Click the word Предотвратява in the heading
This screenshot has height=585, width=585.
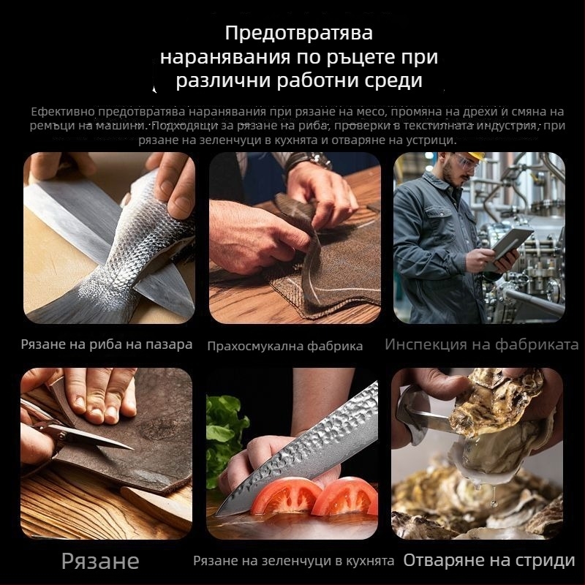point(299,34)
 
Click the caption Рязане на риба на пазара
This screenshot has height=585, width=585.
point(107,344)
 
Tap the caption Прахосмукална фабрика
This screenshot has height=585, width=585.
point(285,346)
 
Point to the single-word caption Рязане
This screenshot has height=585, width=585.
point(100,561)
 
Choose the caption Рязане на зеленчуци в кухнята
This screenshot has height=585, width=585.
point(294,561)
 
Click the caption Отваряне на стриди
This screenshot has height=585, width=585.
point(489,561)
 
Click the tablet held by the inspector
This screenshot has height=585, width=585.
point(512,242)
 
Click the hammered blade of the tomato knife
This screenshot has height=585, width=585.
point(314,446)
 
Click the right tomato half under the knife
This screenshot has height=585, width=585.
point(344,497)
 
